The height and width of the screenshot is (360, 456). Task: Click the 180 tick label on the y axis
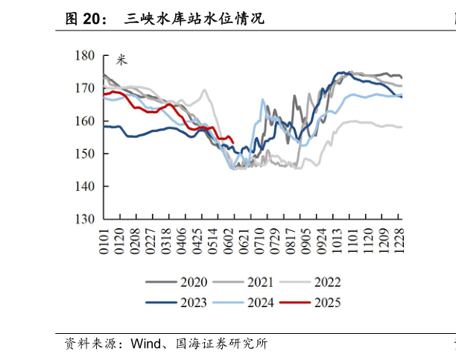[84, 56]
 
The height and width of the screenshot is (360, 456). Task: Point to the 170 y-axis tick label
[84, 89]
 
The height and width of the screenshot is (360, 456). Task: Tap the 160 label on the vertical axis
[84, 121]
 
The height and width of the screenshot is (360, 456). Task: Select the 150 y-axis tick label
[84, 154]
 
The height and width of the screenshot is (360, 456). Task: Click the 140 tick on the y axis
[84, 187]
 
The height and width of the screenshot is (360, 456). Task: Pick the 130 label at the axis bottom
[84, 220]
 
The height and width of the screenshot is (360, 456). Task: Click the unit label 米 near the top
[121, 60]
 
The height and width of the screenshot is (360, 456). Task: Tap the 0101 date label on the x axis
[104, 240]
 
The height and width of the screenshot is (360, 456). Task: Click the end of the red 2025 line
[234, 142]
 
